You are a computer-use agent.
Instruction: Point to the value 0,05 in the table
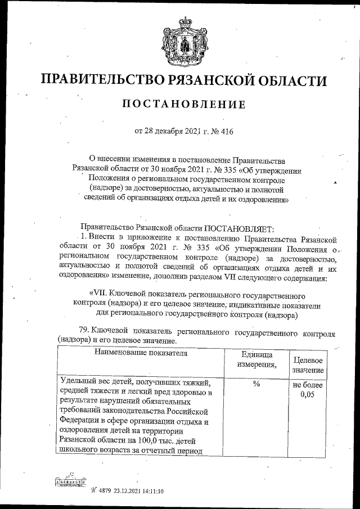pyautogui.click(x=307, y=395)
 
